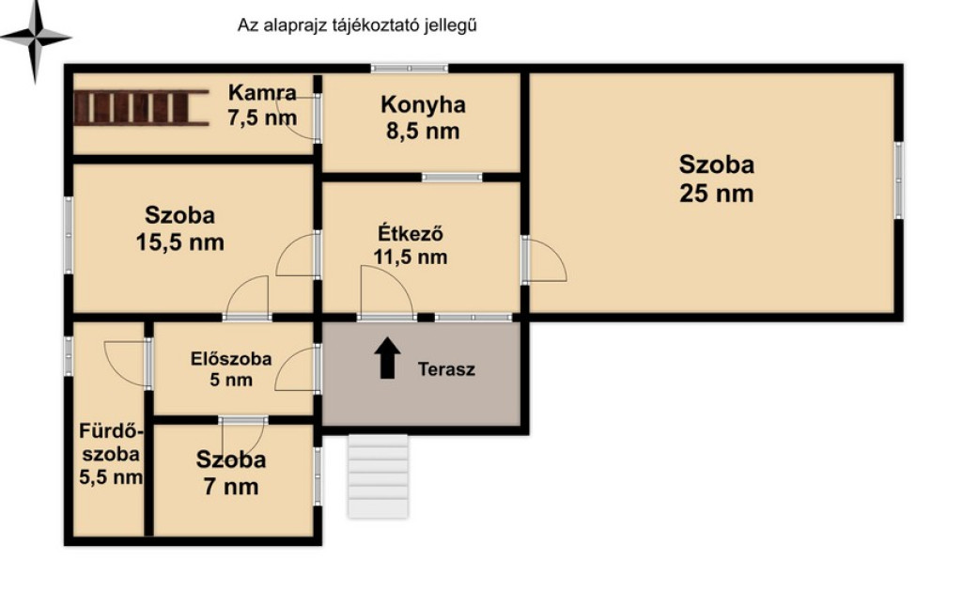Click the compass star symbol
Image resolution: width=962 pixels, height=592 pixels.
click(35, 38)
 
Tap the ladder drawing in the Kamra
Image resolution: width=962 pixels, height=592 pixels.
click(141, 108)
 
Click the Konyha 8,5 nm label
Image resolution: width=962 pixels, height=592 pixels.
click(423, 117)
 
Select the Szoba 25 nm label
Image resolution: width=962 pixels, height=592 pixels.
click(716, 179)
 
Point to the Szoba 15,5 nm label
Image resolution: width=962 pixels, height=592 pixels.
click(179, 229)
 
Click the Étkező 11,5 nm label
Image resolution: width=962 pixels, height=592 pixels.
click(411, 244)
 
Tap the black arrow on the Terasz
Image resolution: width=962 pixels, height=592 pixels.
click(387, 358)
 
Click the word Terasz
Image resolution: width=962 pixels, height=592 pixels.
click(446, 369)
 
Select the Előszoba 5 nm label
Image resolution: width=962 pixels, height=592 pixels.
click(231, 368)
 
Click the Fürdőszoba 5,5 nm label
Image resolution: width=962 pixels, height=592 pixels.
click(111, 454)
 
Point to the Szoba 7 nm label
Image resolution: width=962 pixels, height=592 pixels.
click(231, 473)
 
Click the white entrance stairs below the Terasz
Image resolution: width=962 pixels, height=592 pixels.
click(378, 476)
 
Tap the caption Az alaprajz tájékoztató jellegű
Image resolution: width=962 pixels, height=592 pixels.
click(357, 25)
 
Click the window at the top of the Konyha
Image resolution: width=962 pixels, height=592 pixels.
click(410, 69)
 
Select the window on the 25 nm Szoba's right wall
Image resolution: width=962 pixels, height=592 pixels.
click(898, 180)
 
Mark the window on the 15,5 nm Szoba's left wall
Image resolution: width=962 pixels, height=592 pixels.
click(69, 235)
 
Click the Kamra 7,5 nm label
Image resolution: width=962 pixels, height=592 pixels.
click(262, 105)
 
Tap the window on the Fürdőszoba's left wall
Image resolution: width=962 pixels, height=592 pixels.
click(69, 356)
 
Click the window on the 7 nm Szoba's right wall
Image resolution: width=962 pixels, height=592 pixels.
click(318, 476)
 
